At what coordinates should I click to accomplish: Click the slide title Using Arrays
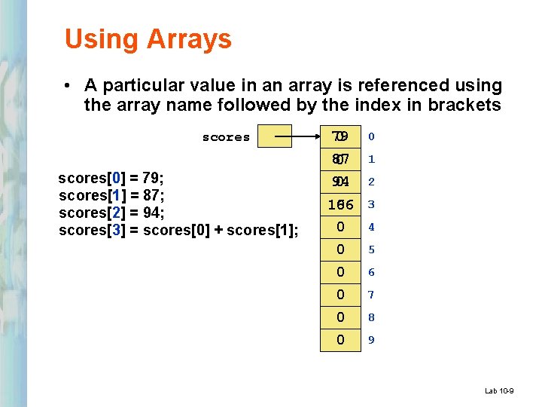(148, 39)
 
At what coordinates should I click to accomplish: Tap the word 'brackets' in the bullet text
(464, 105)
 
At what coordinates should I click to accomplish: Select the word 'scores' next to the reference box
(226, 137)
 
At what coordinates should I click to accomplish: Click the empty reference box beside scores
(274, 136)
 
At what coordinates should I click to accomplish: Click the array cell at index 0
(340, 136)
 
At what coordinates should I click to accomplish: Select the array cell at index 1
(340, 159)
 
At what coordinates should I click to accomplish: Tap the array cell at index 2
(340, 182)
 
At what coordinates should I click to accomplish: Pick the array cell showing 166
(340, 204)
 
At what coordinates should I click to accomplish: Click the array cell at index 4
(340, 227)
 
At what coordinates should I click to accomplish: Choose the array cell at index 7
(340, 295)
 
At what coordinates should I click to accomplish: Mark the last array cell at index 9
(340, 340)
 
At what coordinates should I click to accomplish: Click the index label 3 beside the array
(371, 204)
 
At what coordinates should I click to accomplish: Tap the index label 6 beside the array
(371, 272)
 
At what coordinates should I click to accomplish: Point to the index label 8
(371, 317)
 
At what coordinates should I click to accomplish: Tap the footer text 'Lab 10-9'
(499, 390)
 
